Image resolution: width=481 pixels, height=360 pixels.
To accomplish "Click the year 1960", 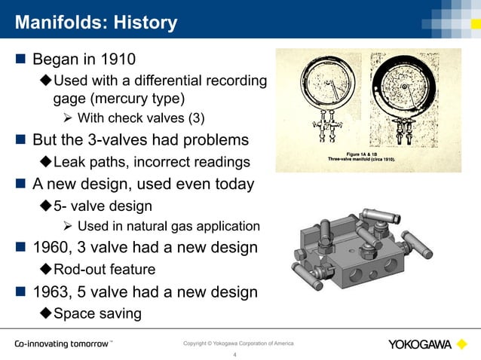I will click(x=50, y=248).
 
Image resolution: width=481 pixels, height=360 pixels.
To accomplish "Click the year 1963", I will click(x=50, y=291).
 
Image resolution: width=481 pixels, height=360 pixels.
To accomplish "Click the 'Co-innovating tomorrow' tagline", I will click(x=63, y=344).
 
